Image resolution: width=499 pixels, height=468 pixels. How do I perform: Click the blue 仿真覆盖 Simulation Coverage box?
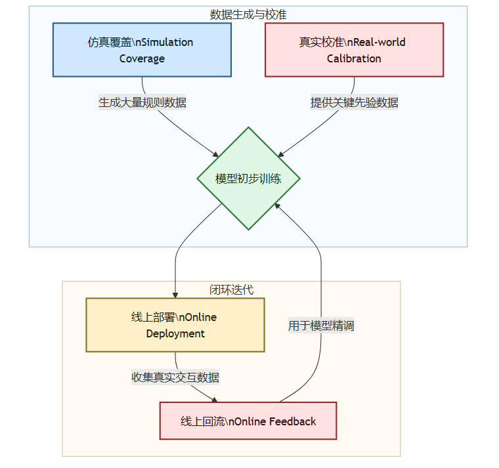coord(142,50)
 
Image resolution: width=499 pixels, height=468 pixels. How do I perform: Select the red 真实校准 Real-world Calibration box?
coord(354,50)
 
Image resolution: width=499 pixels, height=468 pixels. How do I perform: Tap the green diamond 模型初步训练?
coord(248,179)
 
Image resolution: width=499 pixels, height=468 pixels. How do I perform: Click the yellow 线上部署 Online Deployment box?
coord(175,325)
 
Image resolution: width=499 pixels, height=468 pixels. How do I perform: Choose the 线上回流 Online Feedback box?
coord(248,421)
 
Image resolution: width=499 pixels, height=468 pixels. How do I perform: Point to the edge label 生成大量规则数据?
coord(142,102)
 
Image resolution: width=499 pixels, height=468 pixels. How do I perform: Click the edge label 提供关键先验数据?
coord(354,102)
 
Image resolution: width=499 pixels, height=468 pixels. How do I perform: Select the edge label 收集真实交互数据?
coord(175,377)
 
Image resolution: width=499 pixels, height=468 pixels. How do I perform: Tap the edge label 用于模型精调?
coord(321,325)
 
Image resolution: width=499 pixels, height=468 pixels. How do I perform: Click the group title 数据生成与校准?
coord(248,14)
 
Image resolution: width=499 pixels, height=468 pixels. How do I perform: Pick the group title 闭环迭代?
coord(230,289)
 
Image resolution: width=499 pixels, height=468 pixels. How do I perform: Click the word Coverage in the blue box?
coord(142,58)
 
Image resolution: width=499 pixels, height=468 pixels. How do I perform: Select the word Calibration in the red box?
coord(354,58)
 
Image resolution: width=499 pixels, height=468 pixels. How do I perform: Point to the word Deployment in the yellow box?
coord(175,333)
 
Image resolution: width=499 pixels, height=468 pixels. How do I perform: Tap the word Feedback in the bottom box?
coord(292,421)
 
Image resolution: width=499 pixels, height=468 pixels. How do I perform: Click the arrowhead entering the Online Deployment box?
coord(175,295)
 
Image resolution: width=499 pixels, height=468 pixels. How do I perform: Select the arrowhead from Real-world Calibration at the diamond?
coord(280,154)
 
